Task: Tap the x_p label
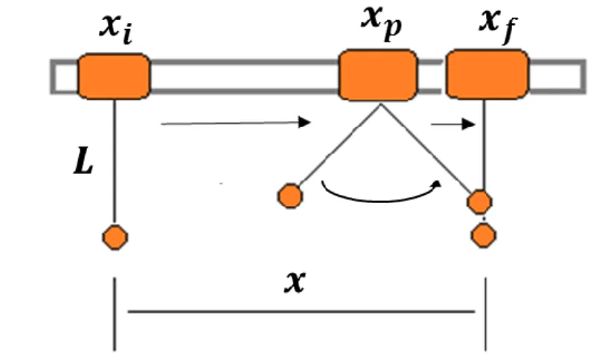point(381,23)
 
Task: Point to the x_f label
point(498,25)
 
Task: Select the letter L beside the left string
point(83,162)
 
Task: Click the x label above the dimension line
point(295,282)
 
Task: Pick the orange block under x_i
point(114,77)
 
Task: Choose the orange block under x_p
point(378,75)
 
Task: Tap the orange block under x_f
point(487,74)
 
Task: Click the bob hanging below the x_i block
point(115,237)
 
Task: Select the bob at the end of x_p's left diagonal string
point(290,196)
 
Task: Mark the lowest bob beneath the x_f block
point(484,235)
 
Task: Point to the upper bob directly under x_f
point(479,202)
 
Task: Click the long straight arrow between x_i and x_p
point(236,123)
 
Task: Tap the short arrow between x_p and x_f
point(453,124)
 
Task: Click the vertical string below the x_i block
point(115,162)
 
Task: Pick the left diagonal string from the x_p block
point(339,145)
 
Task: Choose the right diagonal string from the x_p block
point(426,149)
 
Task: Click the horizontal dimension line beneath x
point(301,312)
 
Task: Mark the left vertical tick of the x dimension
point(115,315)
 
